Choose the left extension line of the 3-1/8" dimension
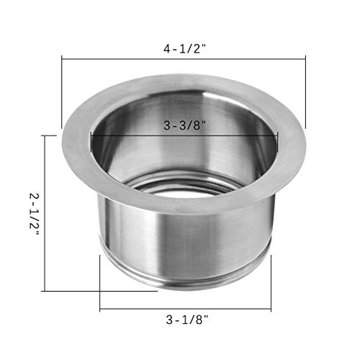point(100,281)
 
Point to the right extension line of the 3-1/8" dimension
point(271,281)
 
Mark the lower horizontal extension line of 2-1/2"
point(72,290)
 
